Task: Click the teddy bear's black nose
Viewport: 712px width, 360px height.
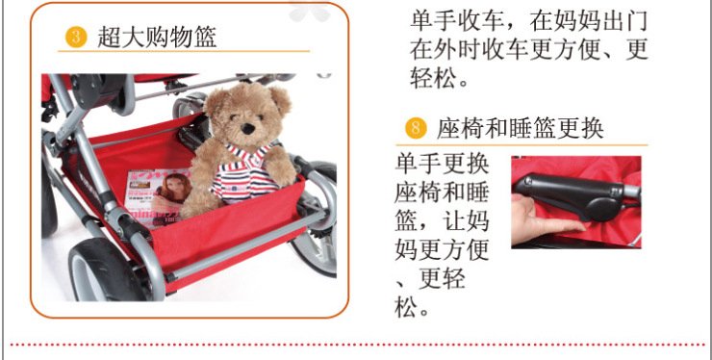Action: point(247,129)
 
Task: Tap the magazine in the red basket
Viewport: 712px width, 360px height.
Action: point(157,196)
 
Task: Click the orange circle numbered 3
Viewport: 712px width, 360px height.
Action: point(76,37)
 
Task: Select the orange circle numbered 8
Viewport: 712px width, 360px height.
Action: point(416,128)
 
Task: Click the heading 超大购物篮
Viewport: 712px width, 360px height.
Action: point(157,37)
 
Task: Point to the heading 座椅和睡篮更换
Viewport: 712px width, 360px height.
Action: point(521,128)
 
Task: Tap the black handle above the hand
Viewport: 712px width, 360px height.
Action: point(573,195)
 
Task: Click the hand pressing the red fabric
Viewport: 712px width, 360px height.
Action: point(544,219)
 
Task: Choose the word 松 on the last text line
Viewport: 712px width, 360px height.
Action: point(405,308)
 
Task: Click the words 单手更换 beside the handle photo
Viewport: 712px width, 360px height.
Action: point(442,164)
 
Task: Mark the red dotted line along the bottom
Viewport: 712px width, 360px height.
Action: point(356,345)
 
